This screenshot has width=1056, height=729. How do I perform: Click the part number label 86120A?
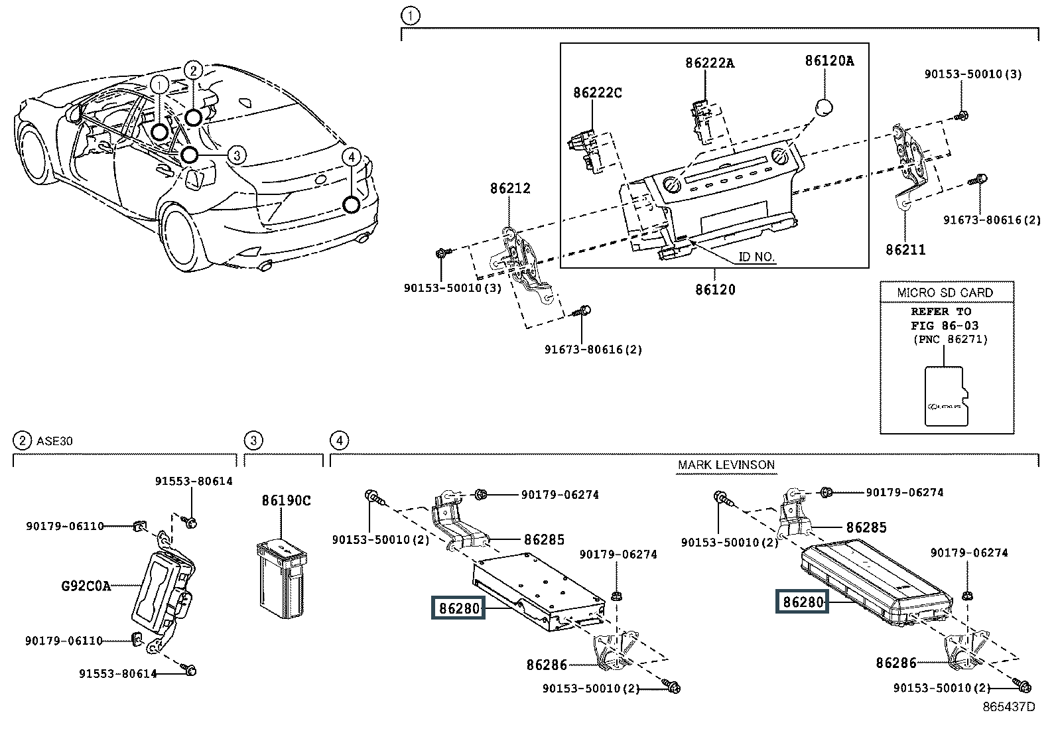(829, 61)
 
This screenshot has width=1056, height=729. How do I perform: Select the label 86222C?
(598, 93)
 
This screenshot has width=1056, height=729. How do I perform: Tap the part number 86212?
(510, 188)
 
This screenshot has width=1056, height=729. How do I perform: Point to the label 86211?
(905, 249)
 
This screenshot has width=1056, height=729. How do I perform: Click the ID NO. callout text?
(756, 257)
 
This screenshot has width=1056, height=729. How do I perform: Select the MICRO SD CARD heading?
(945, 293)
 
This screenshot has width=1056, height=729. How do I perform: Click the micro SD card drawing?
(945, 395)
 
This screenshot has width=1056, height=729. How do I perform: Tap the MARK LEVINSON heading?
(726, 464)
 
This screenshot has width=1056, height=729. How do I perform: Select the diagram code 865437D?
(1008, 707)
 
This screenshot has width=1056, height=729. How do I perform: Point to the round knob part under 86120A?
(824, 108)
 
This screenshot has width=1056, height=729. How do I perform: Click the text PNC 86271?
(950, 340)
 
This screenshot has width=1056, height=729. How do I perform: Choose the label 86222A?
(710, 64)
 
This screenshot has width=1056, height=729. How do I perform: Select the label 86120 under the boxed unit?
(715, 290)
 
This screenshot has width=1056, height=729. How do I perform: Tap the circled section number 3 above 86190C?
(253, 440)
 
